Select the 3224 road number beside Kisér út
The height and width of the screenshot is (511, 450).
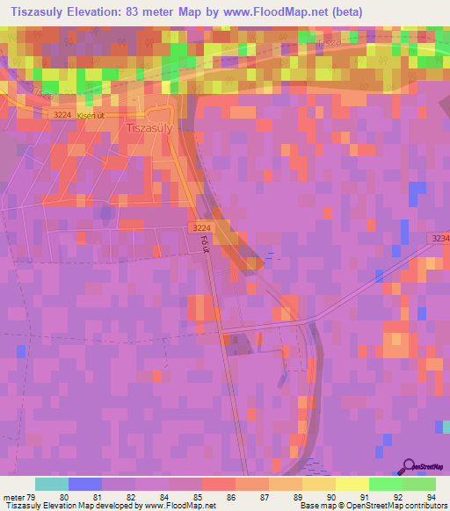(62, 114)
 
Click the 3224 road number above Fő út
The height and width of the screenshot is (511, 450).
(198, 227)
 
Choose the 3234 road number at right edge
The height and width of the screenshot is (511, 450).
(440, 238)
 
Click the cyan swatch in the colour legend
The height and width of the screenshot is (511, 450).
(52, 484)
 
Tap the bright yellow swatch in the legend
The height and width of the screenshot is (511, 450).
(352, 484)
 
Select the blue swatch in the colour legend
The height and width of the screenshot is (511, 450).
(85, 484)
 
